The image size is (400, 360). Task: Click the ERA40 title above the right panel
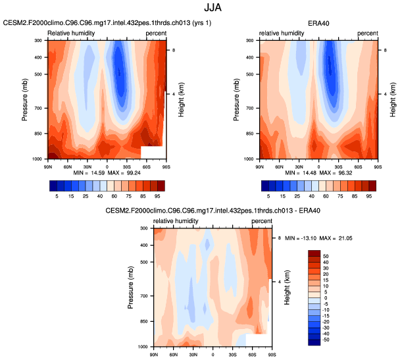318,23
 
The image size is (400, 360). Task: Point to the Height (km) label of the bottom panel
288,287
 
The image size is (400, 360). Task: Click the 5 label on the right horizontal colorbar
268,196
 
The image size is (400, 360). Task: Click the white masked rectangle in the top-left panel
153,152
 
